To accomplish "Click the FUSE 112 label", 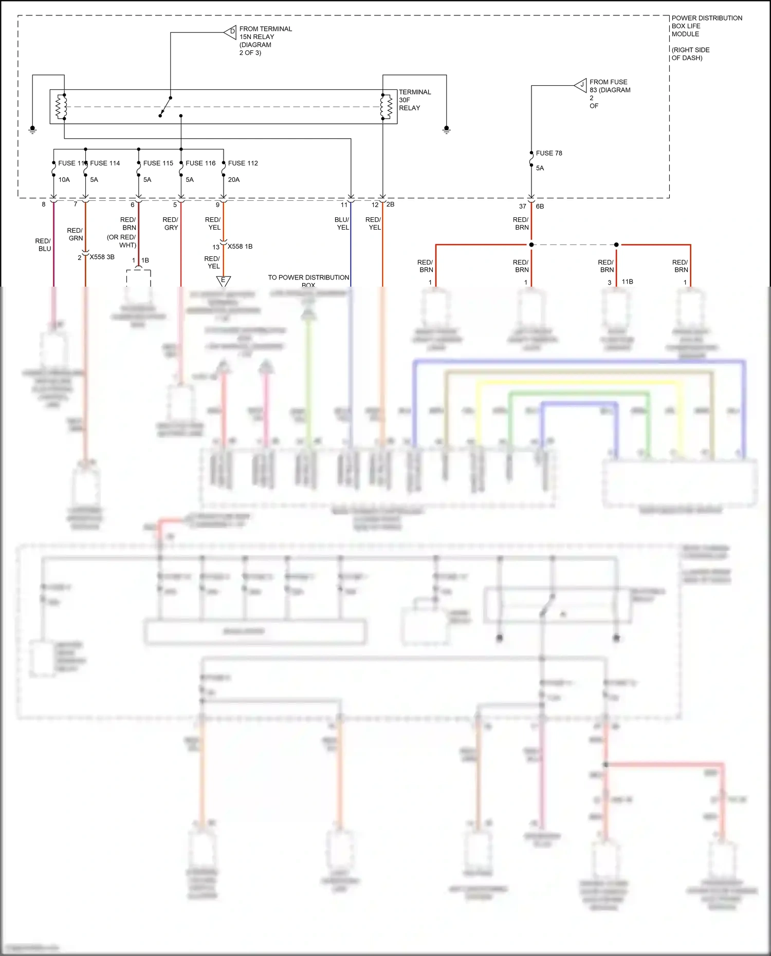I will [x=243, y=163].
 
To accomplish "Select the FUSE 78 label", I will [x=548, y=153].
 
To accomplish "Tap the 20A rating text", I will [x=234, y=179].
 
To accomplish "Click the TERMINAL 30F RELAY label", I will [x=414, y=100].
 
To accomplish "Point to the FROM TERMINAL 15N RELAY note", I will [x=265, y=41].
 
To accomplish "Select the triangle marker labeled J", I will [x=581, y=85].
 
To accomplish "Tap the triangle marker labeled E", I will [x=223, y=280].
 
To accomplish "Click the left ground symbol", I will [x=32, y=129].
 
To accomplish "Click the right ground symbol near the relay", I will [x=446, y=129].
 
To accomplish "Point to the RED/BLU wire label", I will [x=43, y=245].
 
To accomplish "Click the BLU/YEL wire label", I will [x=342, y=223].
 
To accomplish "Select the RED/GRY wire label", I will [x=171, y=223].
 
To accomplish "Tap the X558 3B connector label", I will [x=102, y=257].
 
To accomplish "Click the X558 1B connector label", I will [x=240, y=247].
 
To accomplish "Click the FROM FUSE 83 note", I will [x=609, y=93].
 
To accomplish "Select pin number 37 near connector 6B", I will [x=522, y=206].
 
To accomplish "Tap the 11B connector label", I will [x=627, y=282].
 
